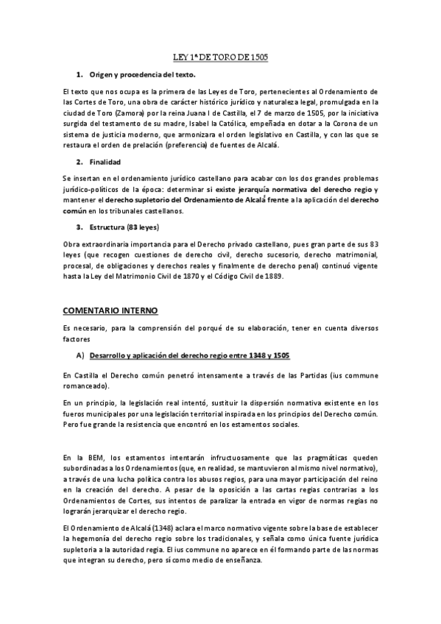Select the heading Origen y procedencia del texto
coord(142,75)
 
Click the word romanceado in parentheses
coord(85,386)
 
